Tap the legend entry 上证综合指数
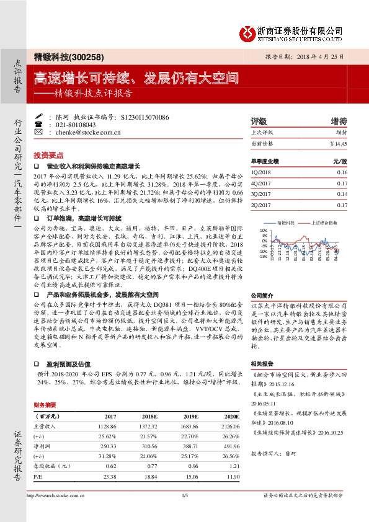pyautogui.click(x=324, y=221)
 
